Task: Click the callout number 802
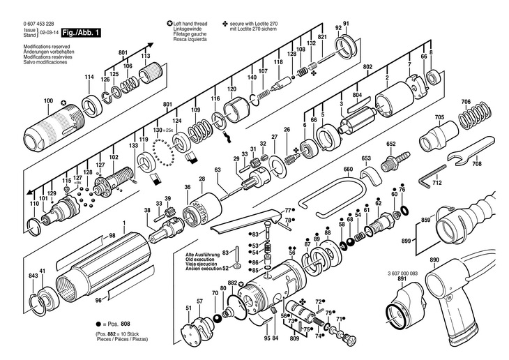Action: tap(368, 66)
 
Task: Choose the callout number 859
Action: tap(425, 220)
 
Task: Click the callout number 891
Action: tap(402, 279)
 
